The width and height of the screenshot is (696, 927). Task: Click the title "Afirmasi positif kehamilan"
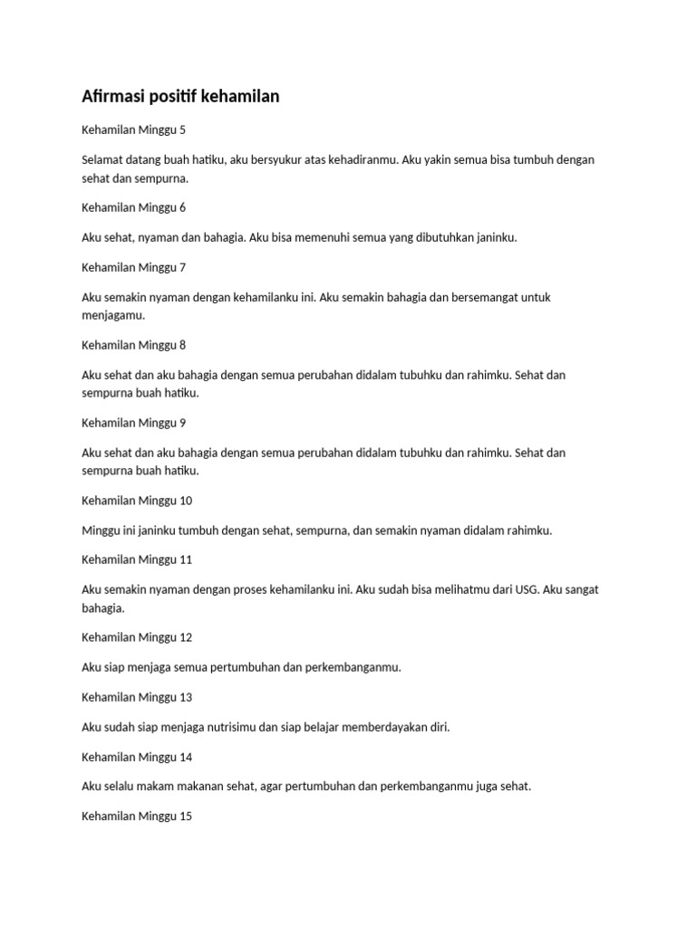coord(180,96)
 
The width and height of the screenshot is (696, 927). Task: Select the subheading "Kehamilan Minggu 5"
coord(133,129)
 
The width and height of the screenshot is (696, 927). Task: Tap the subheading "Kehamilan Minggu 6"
coord(133,207)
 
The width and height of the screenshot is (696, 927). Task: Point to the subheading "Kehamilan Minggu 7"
coord(133,267)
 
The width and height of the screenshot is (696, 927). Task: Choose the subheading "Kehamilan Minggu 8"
coord(133,345)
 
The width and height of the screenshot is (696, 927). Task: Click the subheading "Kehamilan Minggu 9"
coord(133,423)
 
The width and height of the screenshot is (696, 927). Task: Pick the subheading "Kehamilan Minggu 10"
coord(137,501)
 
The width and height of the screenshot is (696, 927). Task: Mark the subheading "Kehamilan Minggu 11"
coord(137,559)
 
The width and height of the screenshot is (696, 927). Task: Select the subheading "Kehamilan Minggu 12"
coord(137,637)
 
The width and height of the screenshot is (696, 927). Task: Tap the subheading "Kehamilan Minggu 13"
coord(137,697)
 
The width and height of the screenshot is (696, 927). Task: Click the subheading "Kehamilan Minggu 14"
coord(137,757)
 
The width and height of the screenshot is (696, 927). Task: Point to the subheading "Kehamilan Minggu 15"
coord(137,817)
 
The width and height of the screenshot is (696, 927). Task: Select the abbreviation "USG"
coord(526,589)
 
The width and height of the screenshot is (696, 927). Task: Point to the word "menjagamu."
coord(113,316)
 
